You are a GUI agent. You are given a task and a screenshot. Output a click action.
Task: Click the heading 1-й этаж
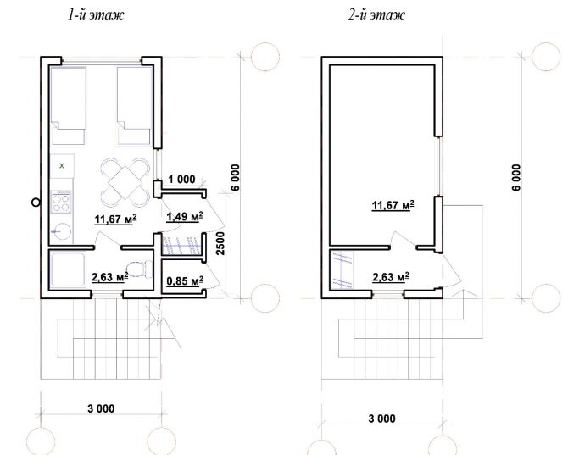pos(96,15)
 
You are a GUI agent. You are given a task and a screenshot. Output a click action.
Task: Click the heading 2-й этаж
pos(376,15)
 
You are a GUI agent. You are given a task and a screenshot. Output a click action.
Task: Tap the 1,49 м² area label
pos(184,216)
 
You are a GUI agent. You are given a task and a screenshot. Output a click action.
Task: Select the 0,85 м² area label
pos(184,280)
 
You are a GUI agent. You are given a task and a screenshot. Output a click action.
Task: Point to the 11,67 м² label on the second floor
pos(393,206)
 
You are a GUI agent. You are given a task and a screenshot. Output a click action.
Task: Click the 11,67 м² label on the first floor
pos(115,219)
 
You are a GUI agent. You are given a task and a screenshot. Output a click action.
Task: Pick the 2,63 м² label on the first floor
pos(109,277)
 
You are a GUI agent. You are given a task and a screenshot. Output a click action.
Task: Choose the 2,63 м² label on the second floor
pos(391,277)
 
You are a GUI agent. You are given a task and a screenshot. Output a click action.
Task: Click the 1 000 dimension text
pos(182,179)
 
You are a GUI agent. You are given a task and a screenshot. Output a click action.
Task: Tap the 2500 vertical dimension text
pos(220,244)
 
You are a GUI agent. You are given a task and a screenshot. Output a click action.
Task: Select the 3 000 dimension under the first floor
pos(101,408)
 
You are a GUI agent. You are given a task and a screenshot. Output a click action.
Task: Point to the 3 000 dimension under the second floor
pos(381,419)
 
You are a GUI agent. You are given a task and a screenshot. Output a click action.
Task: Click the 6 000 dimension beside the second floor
pos(516,177)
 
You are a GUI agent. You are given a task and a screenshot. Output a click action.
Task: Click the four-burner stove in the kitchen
pos(61,202)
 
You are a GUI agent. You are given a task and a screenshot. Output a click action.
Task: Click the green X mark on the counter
pos(62,166)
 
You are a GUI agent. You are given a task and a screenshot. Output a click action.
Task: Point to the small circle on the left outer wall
pos(36,203)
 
